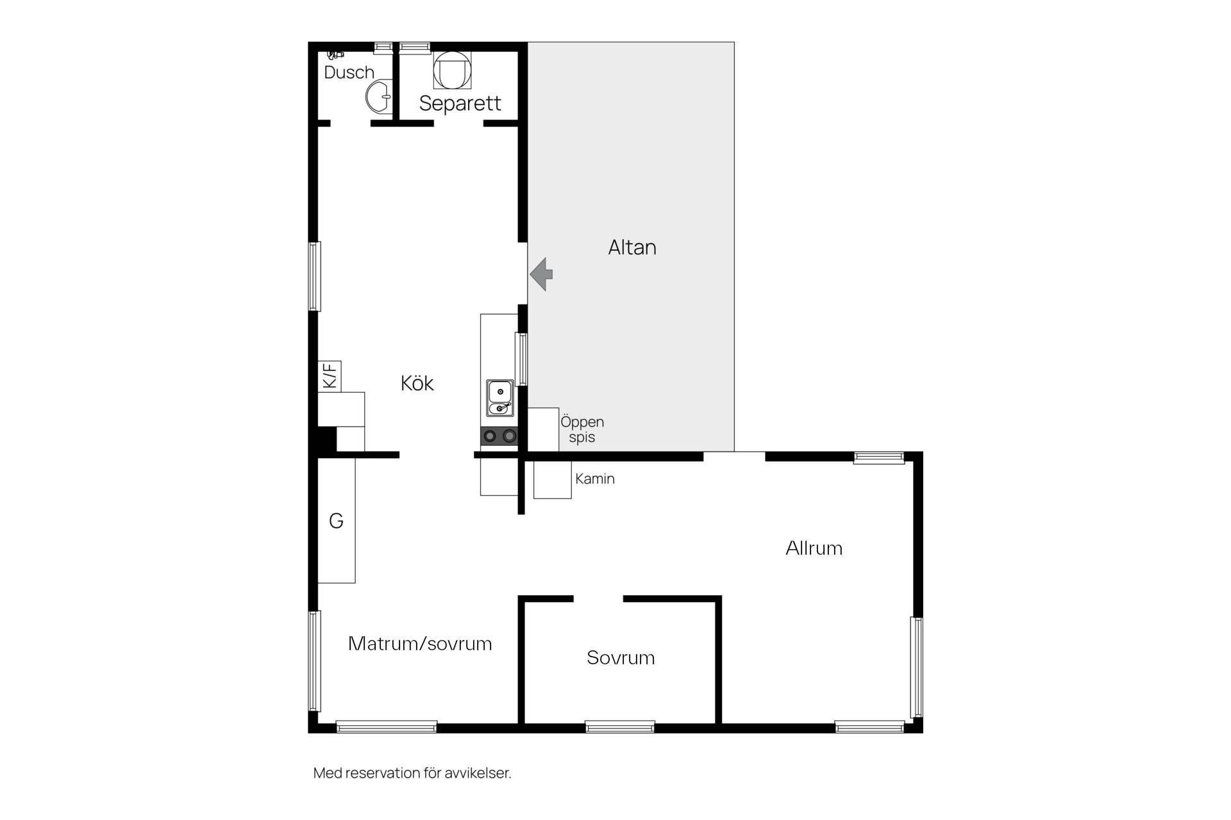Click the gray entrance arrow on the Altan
pos(542,274)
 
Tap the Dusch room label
pos(349,72)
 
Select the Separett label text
pos(460,103)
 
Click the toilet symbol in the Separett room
pos(452,70)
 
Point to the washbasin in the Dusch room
pos(379,97)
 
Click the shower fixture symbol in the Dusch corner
pos(335,55)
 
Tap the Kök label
pos(417,383)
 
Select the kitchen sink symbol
pos(500,398)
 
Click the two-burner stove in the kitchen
pos(499,436)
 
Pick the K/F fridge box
pos(330,376)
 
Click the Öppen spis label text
pos(582,429)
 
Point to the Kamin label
pos(595,479)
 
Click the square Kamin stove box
pos(553,480)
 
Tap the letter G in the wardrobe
pos(336,521)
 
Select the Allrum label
pos(814,548)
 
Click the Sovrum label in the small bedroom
pos(621,657)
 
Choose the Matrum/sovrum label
pos(420,643)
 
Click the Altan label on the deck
pos(632,247)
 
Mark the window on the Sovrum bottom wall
pos(620,727)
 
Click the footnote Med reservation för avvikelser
pos(412,773)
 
